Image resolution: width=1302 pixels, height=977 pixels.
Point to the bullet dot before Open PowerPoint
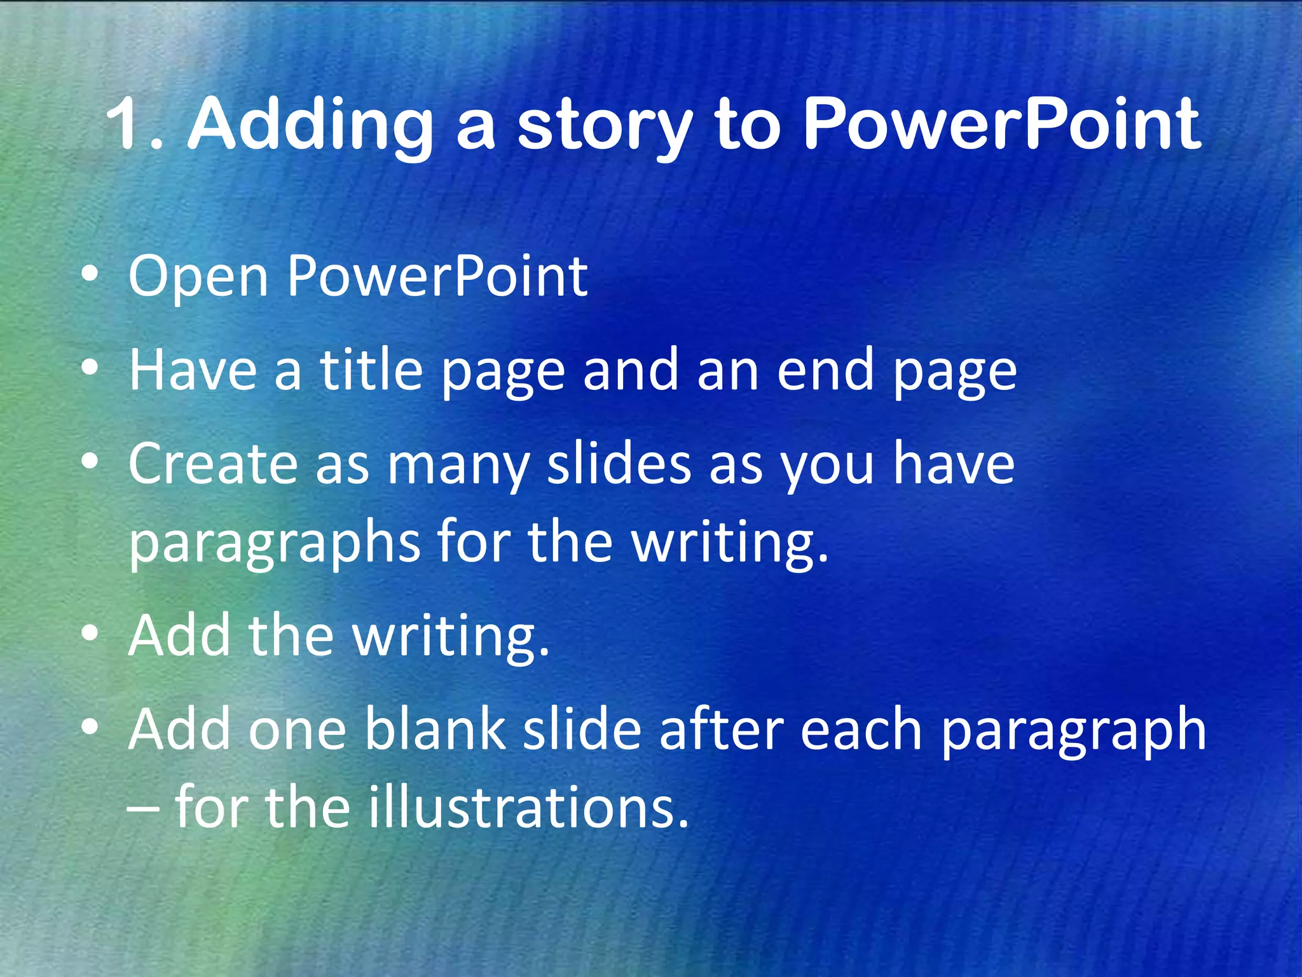tap(90, 275)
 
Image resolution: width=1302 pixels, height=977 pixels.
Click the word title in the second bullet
tap(371, 370)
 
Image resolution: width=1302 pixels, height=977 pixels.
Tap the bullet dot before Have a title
tap(90, 368)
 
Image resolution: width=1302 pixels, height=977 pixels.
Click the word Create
tap(213, 464)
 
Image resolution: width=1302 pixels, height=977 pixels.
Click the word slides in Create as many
tap(619, 464)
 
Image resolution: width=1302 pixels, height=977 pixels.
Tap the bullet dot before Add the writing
tap(90, 633)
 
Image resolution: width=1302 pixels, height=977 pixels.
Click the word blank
tap(435, 730)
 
